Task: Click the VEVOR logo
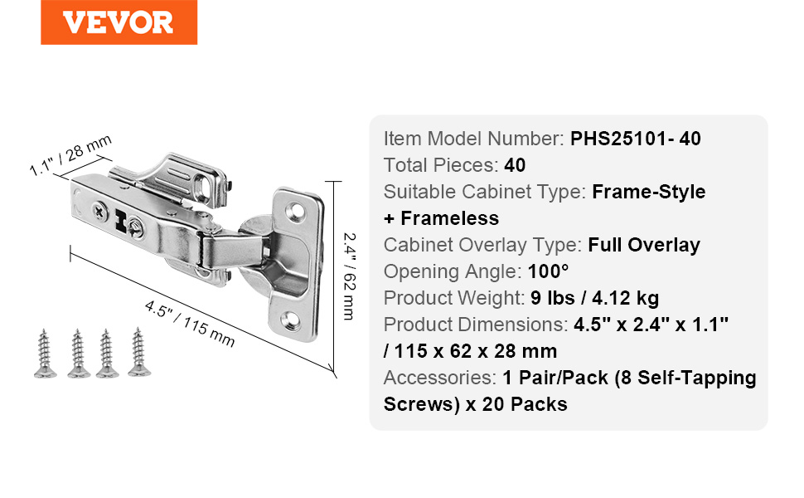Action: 119,22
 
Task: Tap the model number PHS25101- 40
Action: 635,139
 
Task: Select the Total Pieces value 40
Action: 515,165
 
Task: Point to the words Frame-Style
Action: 649,192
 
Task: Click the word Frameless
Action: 450,219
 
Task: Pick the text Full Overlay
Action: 644,246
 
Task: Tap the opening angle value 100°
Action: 548,271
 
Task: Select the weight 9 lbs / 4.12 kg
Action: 595,298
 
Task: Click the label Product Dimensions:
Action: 476,325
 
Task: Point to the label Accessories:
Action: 440,378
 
